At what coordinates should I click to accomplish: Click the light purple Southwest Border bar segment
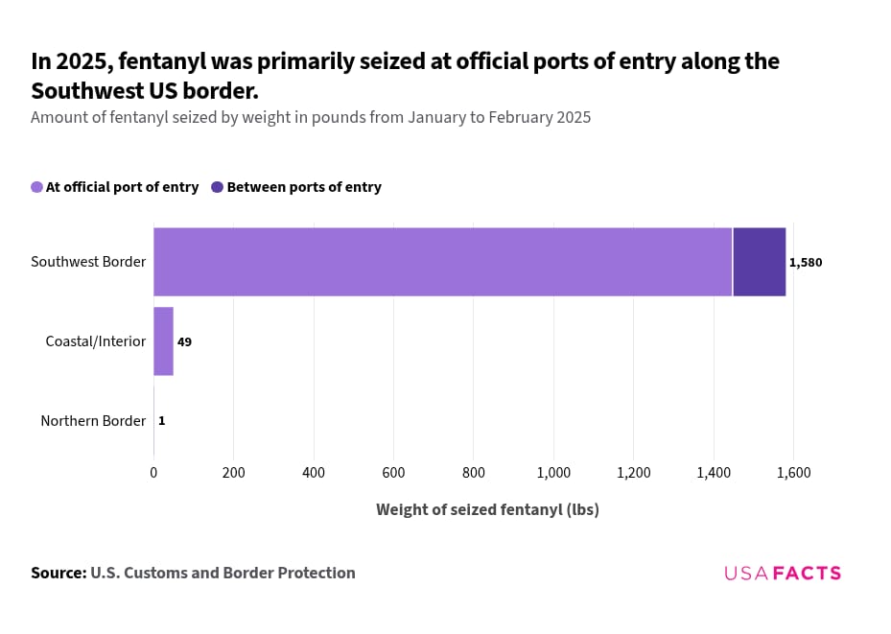click(x=442, y=262)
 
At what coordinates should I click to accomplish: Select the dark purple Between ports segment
click(x=759, y=262)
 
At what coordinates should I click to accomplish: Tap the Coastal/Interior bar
click(x=163, y=341)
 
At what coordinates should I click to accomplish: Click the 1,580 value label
click(x=806, y=263)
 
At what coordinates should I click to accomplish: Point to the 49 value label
click(x=184, y=341)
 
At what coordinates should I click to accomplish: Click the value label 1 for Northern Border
click(x=161, y=420)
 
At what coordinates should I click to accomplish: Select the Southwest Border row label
click(x=88, y=262)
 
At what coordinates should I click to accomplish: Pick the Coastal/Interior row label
click(x=96, y=341)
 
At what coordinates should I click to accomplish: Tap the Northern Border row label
click(x=93, y=420)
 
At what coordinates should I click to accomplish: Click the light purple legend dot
click(x=37, y=187)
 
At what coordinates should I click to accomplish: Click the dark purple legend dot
click(x=218, y=187)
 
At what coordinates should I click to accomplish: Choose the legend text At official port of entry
click(x=122, y=187)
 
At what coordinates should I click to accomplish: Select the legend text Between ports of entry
click(x=304, y=187)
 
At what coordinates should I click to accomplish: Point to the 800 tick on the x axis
click(x=474, y=472)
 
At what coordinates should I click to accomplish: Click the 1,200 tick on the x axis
click(x=634, y=472)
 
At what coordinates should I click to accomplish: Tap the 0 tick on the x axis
click(x=153, y=472)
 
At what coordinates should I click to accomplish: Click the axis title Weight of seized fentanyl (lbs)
click(x=487, y=509)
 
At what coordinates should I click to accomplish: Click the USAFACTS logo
click(x=783, y=574)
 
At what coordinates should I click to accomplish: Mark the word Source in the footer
click(x=59, y=573)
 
